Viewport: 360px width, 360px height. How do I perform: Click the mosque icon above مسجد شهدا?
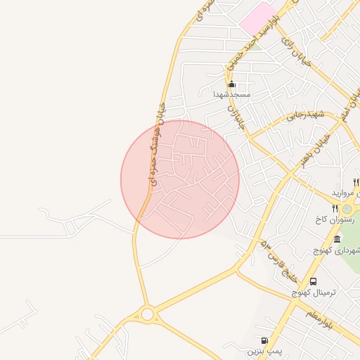point(231,84)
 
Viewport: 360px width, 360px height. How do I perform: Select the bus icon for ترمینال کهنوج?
point(314,281)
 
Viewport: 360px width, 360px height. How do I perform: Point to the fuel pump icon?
point(264,340)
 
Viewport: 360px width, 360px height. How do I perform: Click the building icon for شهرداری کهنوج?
point(337,240)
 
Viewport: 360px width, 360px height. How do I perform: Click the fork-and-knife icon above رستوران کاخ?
point(335,208)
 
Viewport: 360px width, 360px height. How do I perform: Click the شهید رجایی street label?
point(304,115)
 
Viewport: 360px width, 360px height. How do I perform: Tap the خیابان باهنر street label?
point(314,150)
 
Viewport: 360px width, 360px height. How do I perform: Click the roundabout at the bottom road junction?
point(148,314)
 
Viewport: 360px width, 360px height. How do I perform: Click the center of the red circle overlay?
point(180,179)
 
